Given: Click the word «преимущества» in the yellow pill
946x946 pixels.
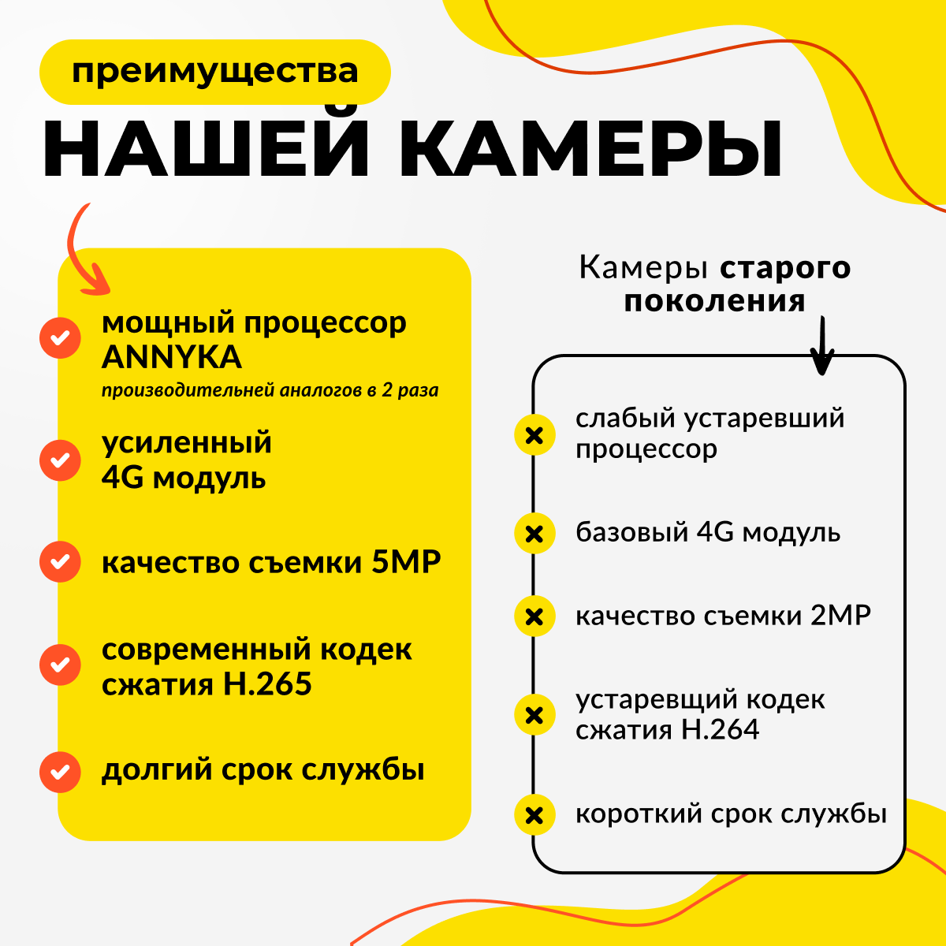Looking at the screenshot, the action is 214,72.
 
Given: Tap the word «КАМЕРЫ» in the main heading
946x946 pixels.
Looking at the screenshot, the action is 591,149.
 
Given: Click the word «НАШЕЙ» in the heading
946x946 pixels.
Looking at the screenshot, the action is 206,149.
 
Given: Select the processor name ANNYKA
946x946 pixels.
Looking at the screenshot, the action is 172,357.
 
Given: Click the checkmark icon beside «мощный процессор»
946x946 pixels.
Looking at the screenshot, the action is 60,338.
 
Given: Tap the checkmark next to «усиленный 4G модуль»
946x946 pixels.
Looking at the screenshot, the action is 60,460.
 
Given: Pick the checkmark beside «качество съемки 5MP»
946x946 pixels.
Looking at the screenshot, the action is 60,562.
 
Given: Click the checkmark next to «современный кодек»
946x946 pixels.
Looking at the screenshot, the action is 60,665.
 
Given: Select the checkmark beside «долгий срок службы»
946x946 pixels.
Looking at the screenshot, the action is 60,772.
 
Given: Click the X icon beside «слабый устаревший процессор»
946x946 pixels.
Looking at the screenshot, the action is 534,434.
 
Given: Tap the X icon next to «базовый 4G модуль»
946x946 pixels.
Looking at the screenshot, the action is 534,534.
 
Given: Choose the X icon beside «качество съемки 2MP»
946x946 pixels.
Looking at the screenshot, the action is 534,616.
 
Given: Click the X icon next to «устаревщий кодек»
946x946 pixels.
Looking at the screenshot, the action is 534,715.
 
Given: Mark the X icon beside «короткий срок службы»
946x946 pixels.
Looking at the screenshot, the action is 534,814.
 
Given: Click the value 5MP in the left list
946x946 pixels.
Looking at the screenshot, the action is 406,562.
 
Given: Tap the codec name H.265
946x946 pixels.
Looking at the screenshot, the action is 268,683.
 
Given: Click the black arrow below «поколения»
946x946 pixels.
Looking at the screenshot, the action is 821,347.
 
